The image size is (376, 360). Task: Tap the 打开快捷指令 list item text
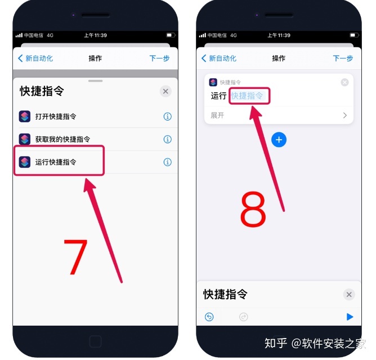(56, 117)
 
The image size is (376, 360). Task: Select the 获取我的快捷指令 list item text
(62, 139)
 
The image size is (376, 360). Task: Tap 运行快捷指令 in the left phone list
(56, 162)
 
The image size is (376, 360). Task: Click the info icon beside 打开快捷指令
(167, 117)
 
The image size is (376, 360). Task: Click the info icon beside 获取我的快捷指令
(167, 139)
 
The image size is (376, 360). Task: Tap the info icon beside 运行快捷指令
(167, 162)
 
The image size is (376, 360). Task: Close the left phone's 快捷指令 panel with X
(165, 91)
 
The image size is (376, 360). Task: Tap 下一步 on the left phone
(159, 58)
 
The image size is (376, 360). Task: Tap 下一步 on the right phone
(343, 58)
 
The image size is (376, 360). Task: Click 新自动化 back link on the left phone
(35, 58)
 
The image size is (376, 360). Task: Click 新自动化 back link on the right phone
(219, 58)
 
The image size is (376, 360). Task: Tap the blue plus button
(279, 140)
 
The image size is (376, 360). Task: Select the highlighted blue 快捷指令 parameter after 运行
(247, 96)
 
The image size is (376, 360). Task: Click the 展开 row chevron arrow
(345, 115)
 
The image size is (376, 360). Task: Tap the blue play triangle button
(350, 317)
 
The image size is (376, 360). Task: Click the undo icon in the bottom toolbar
(209, 317)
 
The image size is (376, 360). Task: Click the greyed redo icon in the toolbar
(243, 317)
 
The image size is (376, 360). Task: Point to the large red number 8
(253, 209)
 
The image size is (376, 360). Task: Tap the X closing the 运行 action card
(344, 82)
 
